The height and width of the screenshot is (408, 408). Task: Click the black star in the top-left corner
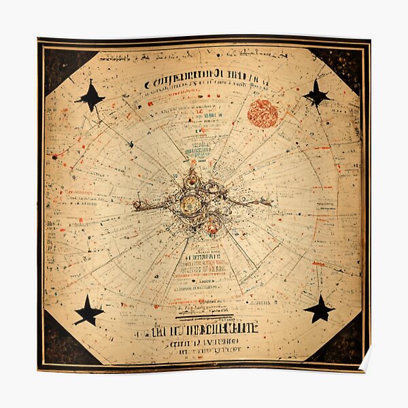tap(90, 97)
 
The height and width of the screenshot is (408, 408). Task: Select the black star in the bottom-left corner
tap(89, 311)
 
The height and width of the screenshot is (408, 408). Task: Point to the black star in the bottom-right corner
tap(319, 309)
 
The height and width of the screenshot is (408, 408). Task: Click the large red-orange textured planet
tap(262, 114)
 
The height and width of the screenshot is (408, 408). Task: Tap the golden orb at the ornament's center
tap(191, 203)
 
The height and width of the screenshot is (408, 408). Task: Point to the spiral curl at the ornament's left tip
tap(137, 205)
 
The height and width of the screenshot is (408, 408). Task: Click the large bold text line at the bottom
tap(197, 328)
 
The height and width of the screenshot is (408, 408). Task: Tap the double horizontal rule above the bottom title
tap(204, 316)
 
